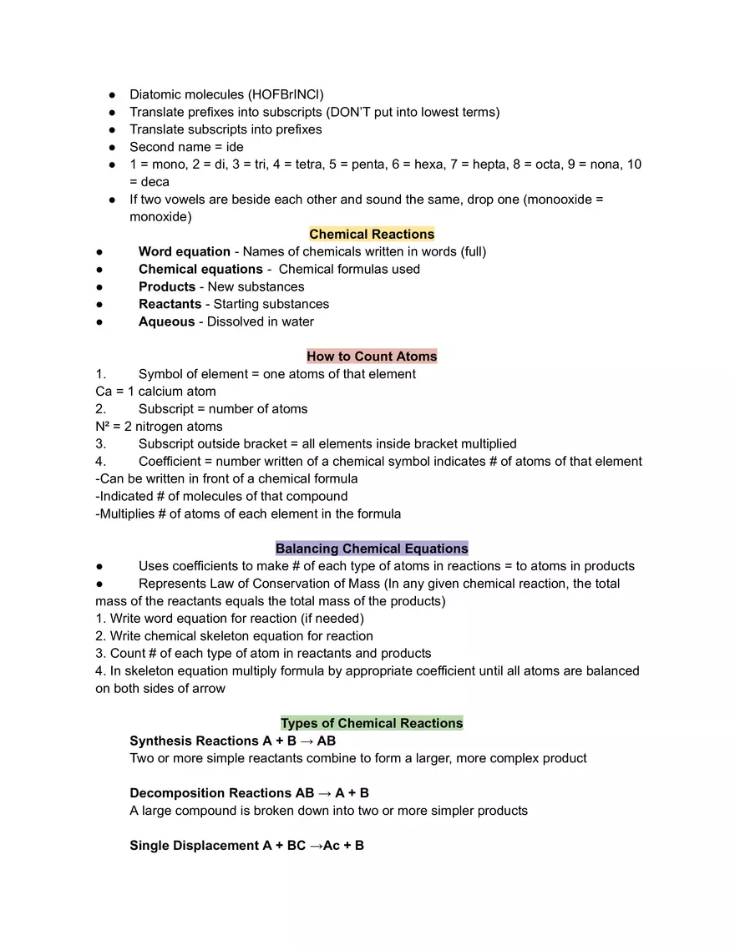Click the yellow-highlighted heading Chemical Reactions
point(372,235)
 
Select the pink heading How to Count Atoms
point(372,357)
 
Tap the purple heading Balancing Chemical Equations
point(372,549)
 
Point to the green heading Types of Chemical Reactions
point(372,723)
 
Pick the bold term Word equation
point(185,252)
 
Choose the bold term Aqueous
point(167,321)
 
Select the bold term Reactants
point(170,304)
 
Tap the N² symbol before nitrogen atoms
point(104,426)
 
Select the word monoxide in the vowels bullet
point(159,217)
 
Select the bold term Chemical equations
point(200,269)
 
